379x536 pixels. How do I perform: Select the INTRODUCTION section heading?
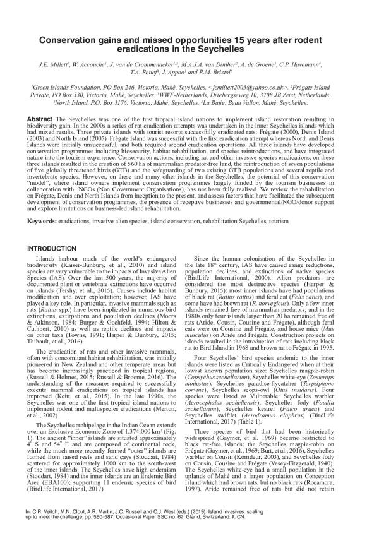coord(51,230)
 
